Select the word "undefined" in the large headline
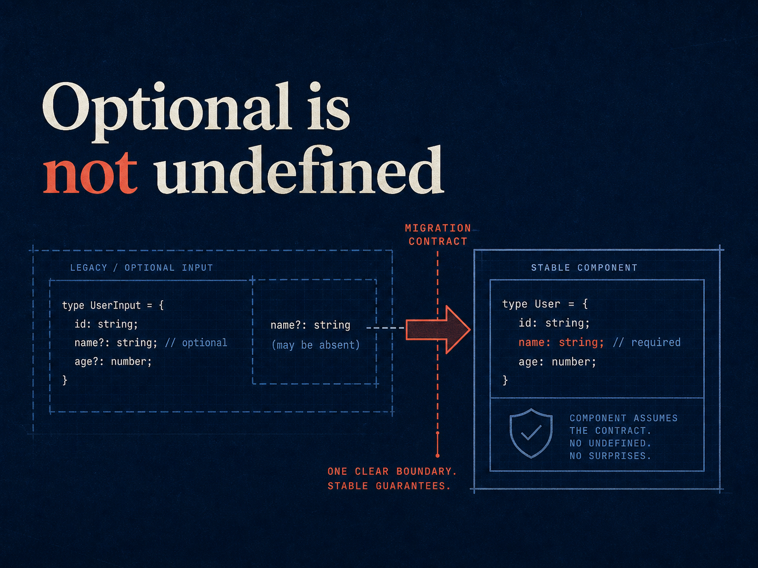click(x=299, y=169)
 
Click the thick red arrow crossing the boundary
click(x=438, y=330)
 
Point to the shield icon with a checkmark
click(x=531, y=433)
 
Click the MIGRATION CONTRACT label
click(x=438, y=234)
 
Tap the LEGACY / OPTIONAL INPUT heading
click(x=141, y=268)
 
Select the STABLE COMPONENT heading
click(x=584, y=268)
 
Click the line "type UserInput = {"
click(x=113, y=305)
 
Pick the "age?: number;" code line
click(x=113, y=361)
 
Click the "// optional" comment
click(x=196, y=343)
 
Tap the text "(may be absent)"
click(x=316, y=345)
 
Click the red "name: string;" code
click(x=561, y=342)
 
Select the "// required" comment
click(x=646, y=342)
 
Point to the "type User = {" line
click(x=544, y=304)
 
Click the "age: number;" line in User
click(x=557, y=361)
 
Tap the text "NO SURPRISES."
click(x=610, y=456)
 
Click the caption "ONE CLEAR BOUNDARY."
click(x=392, y=471)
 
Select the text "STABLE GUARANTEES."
click(x=389, y=486)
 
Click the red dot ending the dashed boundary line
click(x=438, y=456)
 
